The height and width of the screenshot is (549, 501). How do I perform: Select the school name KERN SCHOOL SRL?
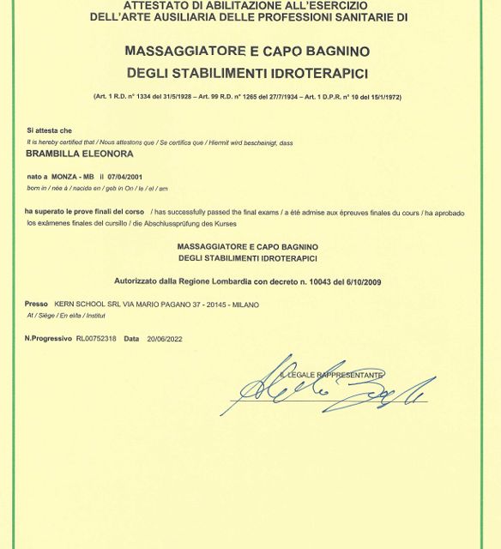83,305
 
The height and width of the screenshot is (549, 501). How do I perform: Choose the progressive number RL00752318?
96,339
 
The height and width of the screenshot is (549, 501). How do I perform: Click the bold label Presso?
36,305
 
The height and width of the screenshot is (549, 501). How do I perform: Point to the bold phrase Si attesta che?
45,130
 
